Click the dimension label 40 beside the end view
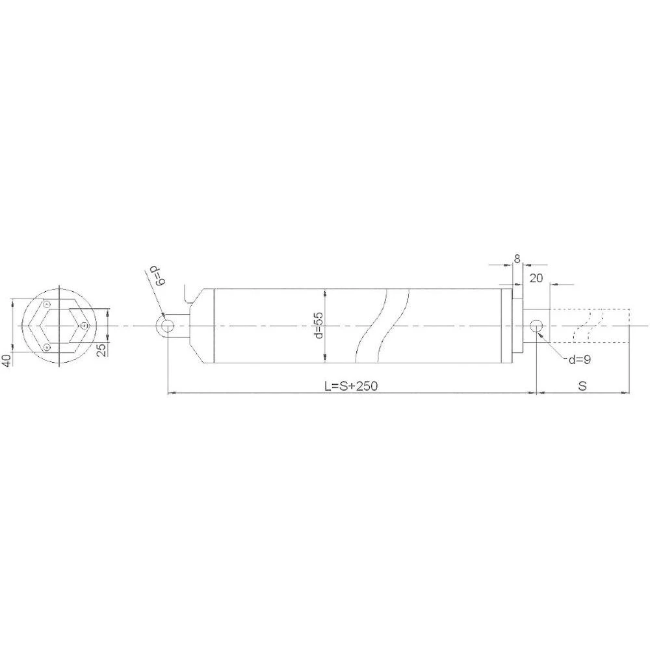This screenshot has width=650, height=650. coord(6,360)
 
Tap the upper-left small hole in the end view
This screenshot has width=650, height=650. coord(46,304)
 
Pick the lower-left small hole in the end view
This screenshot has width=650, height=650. coord(46,348)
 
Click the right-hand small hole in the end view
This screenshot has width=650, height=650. coord(84,326)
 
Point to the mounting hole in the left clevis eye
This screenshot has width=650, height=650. coord(167,326)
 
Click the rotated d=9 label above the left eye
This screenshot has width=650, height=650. coord(157,276)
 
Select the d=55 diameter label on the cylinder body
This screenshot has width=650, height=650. coord(318,325)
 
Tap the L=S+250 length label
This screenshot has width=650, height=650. coord(351,385)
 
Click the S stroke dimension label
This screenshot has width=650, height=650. coord(582,385)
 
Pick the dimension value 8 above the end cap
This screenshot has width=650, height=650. coord(517,259)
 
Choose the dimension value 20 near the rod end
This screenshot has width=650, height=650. coord(536,278)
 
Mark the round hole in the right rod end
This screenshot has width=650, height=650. coord(536,325)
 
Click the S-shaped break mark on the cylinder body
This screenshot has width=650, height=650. coord(383,325)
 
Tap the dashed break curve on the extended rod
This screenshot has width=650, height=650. coord(590,325)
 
